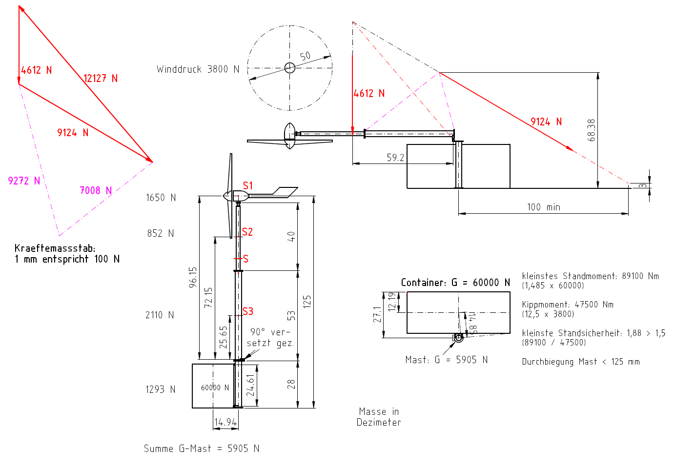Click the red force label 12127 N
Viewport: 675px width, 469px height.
pyautogui.click(x=101, y=78)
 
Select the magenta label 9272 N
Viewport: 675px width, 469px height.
pyautogui.click(x=24, y=181)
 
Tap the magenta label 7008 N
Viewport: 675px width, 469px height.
pyautogui.click(x=96, y=190)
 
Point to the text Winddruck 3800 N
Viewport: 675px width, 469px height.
pyautogui.click(x=198, y=69)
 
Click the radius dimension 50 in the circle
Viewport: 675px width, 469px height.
pyautogui.click(x=305, y=56)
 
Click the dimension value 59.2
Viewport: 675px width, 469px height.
pyautogui.click(x=395, y=158)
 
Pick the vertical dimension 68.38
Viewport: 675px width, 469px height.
pyautogui.click(x=592, y=130)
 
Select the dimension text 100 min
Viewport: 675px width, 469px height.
pyautogui.click(x=543, y=207)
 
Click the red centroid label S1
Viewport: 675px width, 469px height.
pyautogui.click(x=248, y=185)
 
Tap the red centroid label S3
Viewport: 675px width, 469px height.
pyautogui.click(x=248, y=311)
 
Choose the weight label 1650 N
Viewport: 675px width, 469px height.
pyautogui.click(x=161, y=198)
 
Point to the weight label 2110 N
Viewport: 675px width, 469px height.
pyautogui.click(x=160, y=315)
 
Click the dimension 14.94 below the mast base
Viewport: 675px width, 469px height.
pyautogui.click(x=225, y=422)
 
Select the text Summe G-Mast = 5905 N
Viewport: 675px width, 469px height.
pyautogui.click(x=201, y=449)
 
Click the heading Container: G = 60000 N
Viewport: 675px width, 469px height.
pyautogui.click(x=455, y=283)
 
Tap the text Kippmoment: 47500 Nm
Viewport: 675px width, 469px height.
pyautogui.click(x=568, y=305)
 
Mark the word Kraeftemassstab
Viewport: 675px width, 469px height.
pyautogui.click(x=54, y=248)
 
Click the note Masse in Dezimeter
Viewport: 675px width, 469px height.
pyautogui.click(x=379, y=417)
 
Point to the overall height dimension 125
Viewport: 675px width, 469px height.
pyautogui.click(x=307, y=301)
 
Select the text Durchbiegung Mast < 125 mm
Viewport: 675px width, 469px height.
pyautogui.click(x=580, y=362)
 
